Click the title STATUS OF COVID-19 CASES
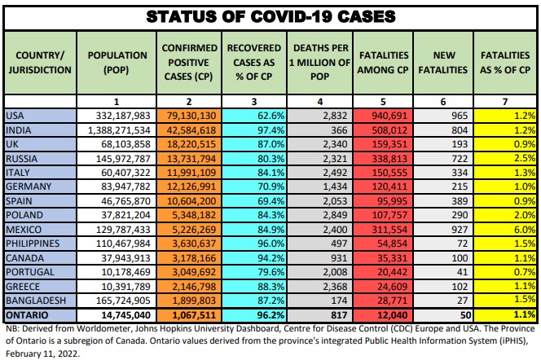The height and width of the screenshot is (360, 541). click(x=270, y=15)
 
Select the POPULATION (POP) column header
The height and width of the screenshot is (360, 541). click(x=117, y=62)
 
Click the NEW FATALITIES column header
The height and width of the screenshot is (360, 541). click(x=442, y=62)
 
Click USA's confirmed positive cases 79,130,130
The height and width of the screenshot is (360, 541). click(x=192, y=116)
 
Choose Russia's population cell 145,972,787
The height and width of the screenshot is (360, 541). click(x=118, y=158)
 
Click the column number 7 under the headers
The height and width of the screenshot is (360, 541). click(x=507, y=101)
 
